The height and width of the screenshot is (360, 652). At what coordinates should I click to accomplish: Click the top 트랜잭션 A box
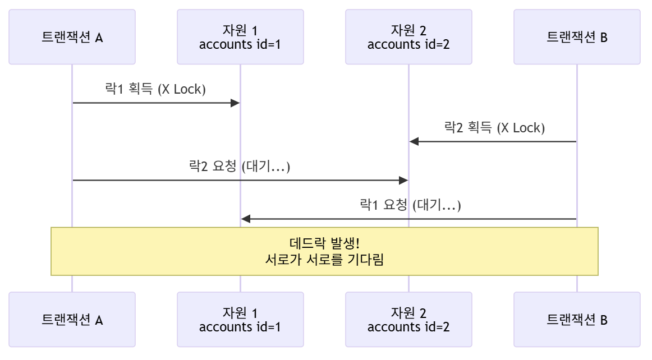point(72,37)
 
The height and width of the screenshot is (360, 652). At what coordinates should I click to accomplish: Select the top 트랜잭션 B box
point(577,37)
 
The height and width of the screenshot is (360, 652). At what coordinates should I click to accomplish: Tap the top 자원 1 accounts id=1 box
point(240,37)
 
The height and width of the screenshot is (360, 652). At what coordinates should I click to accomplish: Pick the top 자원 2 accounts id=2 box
point(408,37)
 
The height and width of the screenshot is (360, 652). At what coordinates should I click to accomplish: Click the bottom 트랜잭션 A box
point(72,320)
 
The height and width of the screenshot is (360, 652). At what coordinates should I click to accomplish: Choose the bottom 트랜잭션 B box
point(577,320)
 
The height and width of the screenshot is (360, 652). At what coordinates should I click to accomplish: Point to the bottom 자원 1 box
point(240,320)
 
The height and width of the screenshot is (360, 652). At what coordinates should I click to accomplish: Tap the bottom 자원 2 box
point(408,320)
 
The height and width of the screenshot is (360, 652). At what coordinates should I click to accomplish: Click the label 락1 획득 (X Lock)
point(156,90)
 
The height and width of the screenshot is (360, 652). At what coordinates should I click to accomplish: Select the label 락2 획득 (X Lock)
point(494,128)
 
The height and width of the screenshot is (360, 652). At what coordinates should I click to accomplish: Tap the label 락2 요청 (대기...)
point(240,167)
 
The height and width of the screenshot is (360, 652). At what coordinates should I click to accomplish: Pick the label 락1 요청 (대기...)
point(410,205)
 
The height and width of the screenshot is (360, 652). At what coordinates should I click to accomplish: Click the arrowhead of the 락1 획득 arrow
point(236,103)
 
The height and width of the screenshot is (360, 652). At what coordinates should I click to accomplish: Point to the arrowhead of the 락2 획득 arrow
point(414,141)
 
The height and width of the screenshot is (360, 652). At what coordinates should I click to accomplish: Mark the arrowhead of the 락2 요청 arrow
point(403,180)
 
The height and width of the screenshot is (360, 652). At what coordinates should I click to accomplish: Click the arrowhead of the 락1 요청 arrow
point(245,219)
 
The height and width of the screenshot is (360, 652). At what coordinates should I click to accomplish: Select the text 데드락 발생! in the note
point(324,244)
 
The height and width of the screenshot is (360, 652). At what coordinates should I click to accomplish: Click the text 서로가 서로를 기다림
point(324,260)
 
